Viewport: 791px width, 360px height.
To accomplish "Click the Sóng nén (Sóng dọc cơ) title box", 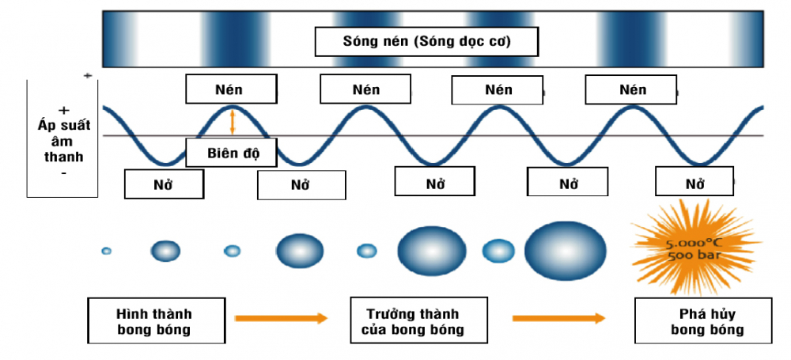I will click(416, 41).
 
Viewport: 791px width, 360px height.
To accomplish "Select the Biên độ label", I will click(231, 152).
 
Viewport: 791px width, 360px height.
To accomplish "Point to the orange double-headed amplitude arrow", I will click(233, 121).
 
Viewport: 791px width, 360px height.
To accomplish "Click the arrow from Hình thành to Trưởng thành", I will click(281, 318).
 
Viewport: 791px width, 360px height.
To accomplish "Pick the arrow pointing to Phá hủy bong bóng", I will click(558, 318).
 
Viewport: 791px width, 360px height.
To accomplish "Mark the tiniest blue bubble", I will click(106, 251).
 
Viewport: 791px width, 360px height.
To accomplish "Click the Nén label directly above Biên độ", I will click(232, 89).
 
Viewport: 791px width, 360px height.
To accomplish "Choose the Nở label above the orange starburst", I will click(695, 184).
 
